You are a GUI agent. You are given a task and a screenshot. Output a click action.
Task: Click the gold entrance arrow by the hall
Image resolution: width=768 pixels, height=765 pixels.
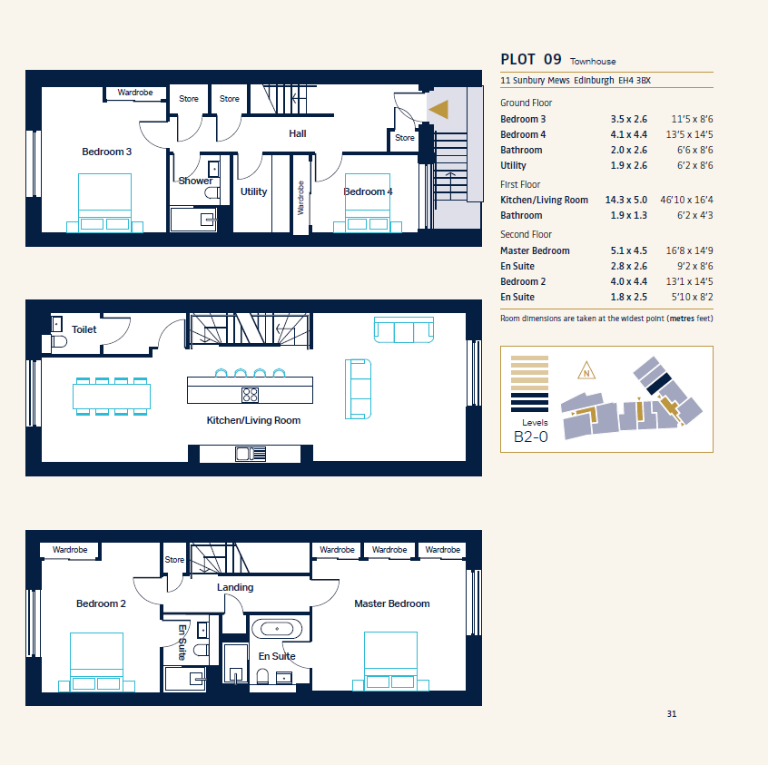click(x=440, y=110)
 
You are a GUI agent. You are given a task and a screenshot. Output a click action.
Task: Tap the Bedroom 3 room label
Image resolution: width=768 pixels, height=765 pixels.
click(x=107, y=152)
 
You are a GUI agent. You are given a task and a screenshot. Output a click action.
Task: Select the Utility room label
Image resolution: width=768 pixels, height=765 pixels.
click(x=253, y=191)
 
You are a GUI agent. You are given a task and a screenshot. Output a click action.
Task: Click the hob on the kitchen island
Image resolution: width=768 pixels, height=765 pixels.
click(x=250, y=395)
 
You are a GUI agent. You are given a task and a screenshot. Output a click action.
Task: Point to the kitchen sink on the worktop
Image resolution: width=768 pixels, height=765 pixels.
click(x=251, y=454)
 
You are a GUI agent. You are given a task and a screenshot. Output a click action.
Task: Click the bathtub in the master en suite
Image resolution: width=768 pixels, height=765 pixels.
click(x=277, y=628)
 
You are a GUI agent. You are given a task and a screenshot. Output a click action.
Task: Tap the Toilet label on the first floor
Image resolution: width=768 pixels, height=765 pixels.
click(x=84, y=329)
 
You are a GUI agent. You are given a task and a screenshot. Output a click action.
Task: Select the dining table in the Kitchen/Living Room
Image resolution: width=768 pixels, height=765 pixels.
click(x=112, y=397)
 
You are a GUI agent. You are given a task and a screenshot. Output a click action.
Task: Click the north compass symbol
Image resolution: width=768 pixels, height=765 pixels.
click(x=586, y=371)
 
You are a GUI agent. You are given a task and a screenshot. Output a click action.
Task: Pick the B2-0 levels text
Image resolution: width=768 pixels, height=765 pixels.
click(x=530, y=436)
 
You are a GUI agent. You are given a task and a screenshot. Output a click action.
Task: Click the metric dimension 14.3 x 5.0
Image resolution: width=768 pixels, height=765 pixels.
click(x=626, y=200)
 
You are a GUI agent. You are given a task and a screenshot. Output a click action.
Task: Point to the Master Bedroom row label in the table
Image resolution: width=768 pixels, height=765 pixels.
click(x=535, y=250)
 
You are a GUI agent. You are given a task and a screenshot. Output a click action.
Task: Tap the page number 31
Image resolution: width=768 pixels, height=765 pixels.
click(x=672, y=714)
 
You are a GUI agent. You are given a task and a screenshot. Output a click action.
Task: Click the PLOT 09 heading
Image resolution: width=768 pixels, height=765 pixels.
click(x=531, y=59)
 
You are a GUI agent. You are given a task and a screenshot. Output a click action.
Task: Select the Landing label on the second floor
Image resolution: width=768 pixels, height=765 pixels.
click(x=235, y=587)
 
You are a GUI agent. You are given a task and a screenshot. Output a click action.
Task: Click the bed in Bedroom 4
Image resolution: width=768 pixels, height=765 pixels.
click(x=368, y=202)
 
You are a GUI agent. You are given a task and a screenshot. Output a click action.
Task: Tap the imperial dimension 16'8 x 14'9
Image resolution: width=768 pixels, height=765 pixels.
click(x=689, y=250)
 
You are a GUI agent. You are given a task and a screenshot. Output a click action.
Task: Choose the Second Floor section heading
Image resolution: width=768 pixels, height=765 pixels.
click(x=526, y=235)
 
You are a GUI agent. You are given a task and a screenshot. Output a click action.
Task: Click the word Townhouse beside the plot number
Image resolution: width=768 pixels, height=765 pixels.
click(x=593, y=61)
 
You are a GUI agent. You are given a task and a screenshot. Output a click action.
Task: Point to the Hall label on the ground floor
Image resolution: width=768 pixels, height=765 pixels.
click(x=298, y=133)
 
